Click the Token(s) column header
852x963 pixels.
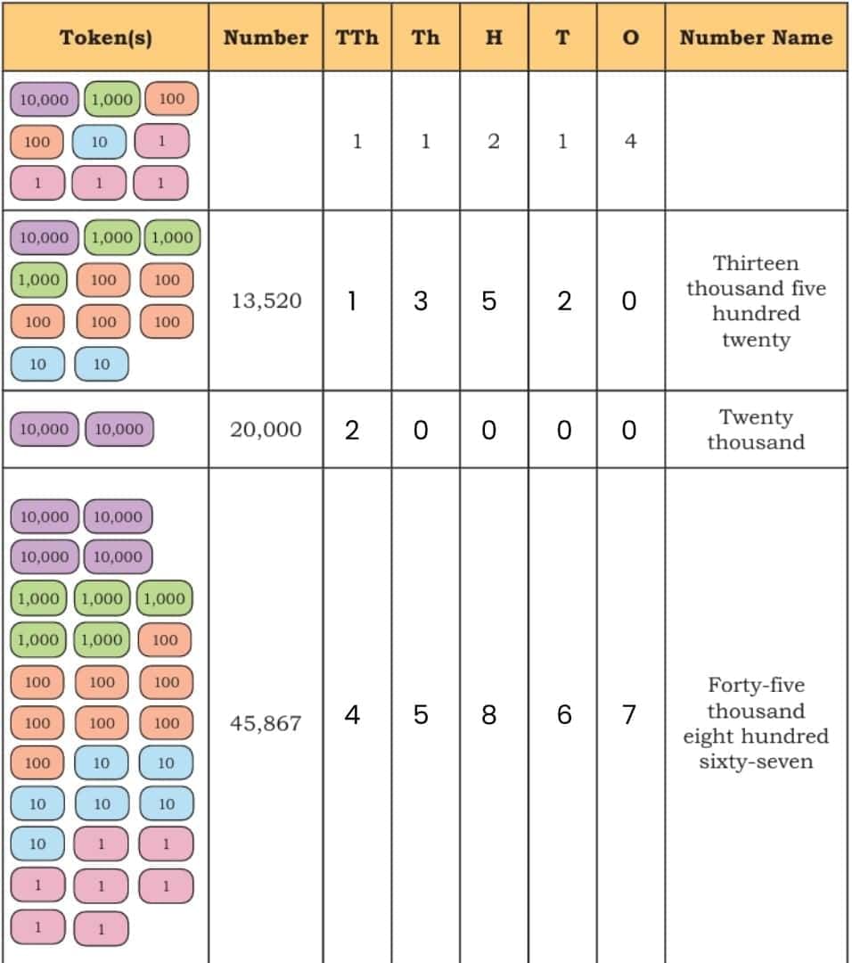(105, 38)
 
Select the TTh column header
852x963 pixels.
(356, 37)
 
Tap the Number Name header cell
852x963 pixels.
(756, 37)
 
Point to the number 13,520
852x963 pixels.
(266, 300)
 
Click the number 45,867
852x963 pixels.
(266, 723)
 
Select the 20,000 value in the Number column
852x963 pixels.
(266, 429)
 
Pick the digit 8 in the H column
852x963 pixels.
(488, 715)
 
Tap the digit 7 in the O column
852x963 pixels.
(628, 715)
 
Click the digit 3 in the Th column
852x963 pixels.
(421, 301)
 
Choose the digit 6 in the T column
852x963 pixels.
(564, 715)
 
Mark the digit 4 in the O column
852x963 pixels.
(630, 141)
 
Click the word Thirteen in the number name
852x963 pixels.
(756, 263)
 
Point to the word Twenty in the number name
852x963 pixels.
(756, 417)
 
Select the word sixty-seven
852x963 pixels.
(756, 761)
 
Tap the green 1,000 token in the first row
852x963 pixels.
(111, 99)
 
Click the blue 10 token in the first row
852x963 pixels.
(99, 142)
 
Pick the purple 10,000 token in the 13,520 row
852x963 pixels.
(45, 238)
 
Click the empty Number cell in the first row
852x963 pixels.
(266, 141)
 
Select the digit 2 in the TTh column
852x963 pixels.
(352, 430)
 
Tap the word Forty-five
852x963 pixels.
(756, 685)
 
